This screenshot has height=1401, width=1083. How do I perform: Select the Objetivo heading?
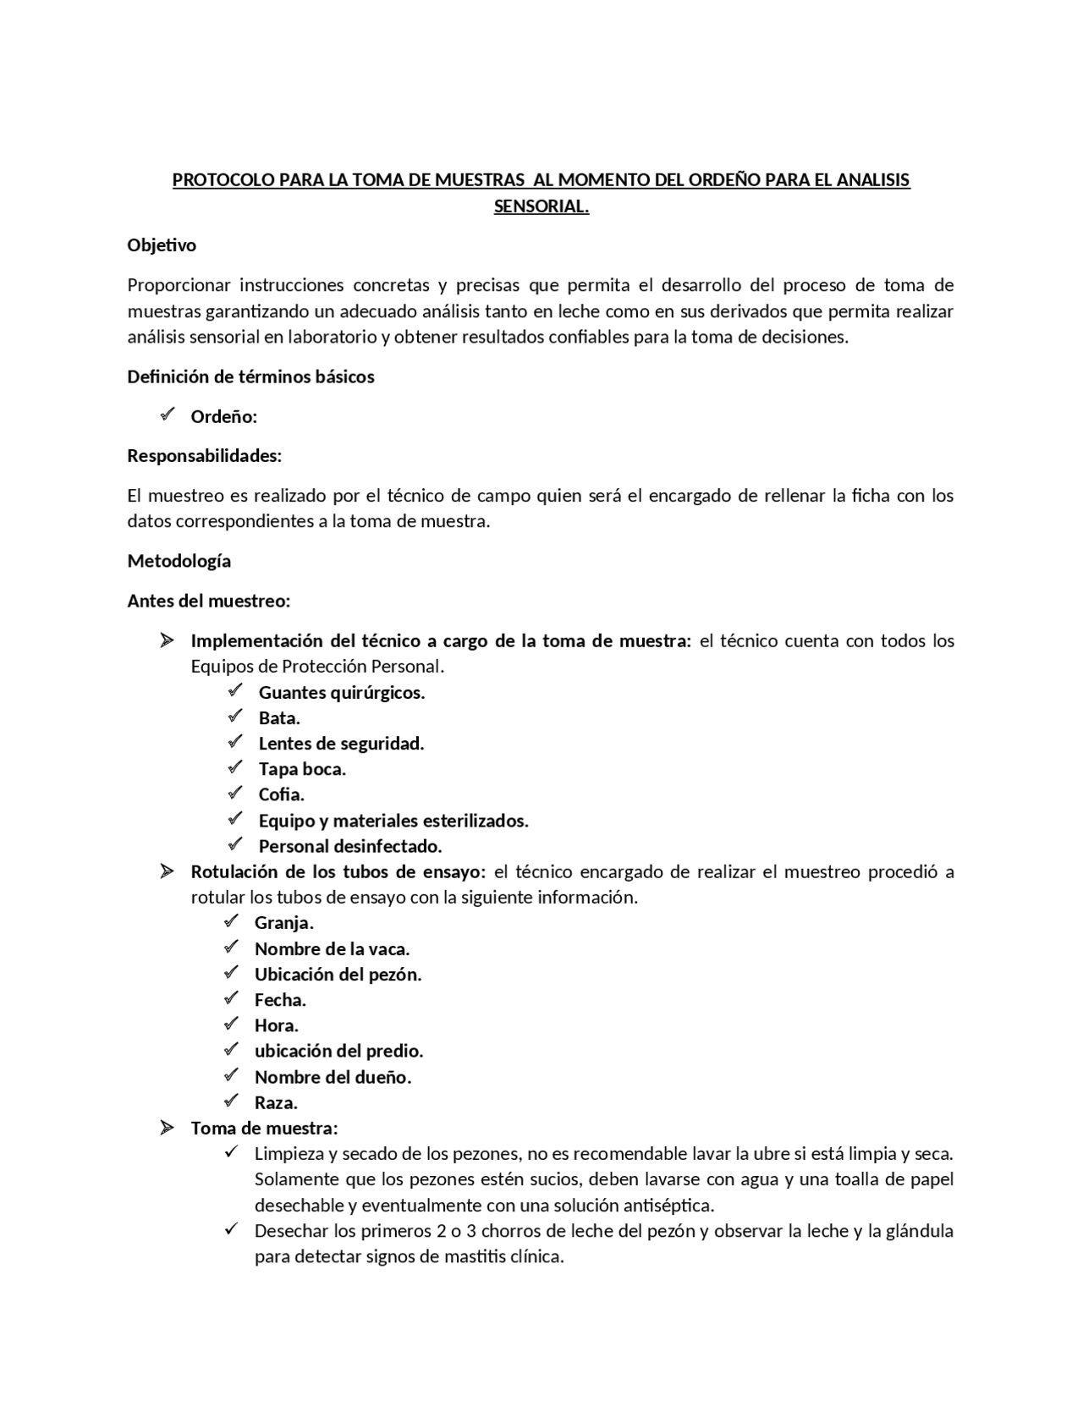pyautogui.click(x=162, y=245)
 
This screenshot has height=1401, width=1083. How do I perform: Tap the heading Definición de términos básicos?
pyautogui.click(x=250, y=377)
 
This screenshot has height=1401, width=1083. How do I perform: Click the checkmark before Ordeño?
pyautogui.click(x=167, y=415)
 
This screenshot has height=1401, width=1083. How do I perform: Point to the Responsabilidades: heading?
pyautogui.click(x=204, y=456)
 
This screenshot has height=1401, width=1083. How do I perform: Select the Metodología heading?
pyautogui.click(x=179, y=561)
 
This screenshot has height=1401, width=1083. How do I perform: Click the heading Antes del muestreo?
pyautogui.click(x=208, y=601)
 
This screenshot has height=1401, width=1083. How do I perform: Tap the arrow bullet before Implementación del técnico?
pyautogui.click(x=167, y=640)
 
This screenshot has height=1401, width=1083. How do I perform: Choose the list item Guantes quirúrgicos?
pyautogui.click(x=341, y=693)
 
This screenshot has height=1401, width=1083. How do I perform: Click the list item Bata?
pyautogui.click(x=279, y=718)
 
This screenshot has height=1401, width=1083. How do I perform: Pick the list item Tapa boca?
pyautogui.click(x=302, y=769)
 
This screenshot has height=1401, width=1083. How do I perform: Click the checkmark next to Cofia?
pyautogui.click(x=235, y=794)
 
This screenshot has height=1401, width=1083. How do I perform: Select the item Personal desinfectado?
pyautogui.click(x=350, y=846)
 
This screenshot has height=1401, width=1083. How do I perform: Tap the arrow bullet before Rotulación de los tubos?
pyautogui.click(x=167, y=871)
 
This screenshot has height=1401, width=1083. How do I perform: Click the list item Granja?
pyautogui.click(x=283, y=923)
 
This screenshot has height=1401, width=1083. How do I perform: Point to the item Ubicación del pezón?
pyautogui.click(x=338, y=975)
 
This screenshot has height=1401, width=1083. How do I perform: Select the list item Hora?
pyautogui.click(x=276, y=1026)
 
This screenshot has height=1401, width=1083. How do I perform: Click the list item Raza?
pyautogui.click(x=276, y=1103)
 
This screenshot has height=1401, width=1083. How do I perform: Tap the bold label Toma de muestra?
pyautogui.click(x=264, y=1129)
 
